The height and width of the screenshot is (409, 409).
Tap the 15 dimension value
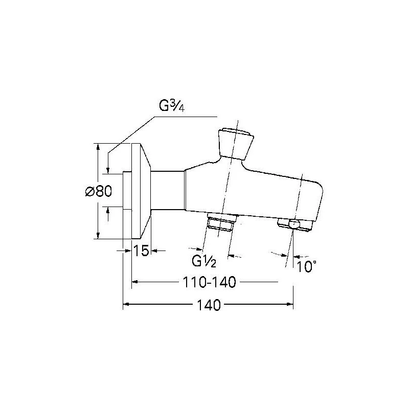point(141,251)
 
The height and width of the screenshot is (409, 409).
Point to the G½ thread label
point(204,262)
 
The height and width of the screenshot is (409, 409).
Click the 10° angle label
point(307,266)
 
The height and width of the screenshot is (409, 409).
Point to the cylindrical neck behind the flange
point(168,191)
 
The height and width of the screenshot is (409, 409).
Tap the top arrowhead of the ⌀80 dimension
point(98,146)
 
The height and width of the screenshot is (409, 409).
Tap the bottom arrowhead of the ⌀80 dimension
point(98,236)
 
